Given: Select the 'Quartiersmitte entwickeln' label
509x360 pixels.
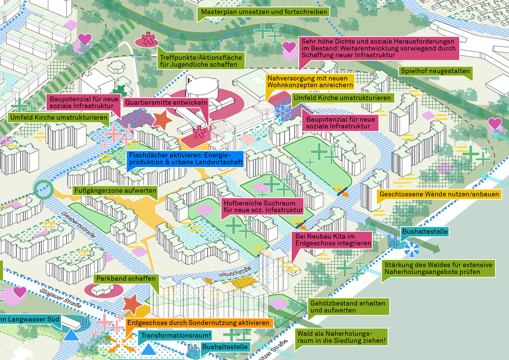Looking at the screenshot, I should [x=166, y=102].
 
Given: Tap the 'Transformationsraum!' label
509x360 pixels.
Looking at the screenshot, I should [x=176, y=336].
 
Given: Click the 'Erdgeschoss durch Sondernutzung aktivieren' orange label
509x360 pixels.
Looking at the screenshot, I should [x=197, y=323].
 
